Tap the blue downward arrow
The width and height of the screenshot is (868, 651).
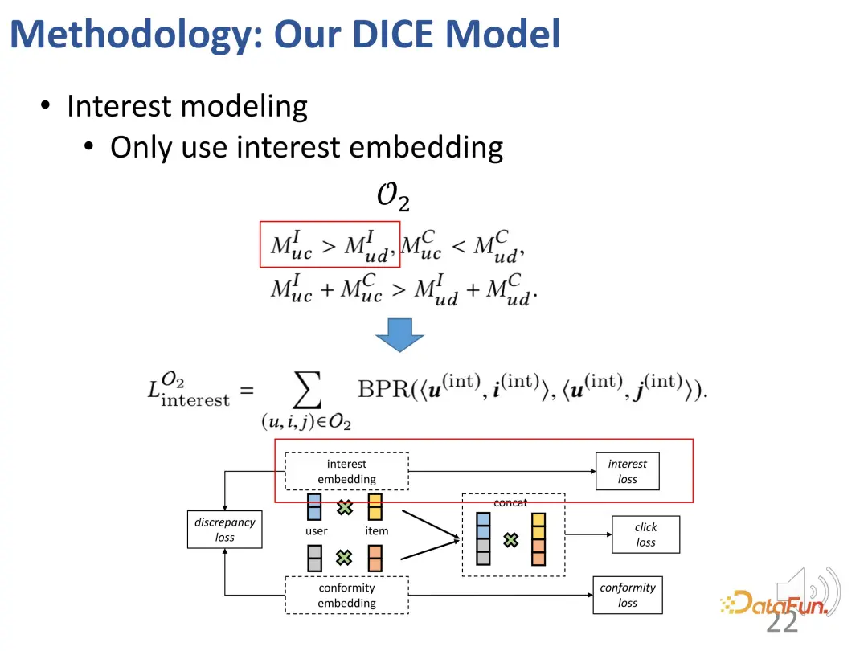click(x=399, y=334)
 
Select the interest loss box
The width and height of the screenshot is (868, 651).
click(x=627, y=472)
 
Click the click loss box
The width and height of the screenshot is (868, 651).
click(x=645, y=534)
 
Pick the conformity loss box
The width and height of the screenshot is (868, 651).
click(x=627, y=596)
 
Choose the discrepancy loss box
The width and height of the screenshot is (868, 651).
click(x=224, y=530)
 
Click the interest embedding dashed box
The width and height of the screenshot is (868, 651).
click(x=346, y=472)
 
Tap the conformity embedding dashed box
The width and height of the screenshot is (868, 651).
click(x=346, y=596)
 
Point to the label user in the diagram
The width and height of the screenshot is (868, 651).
click(x=316, y=531)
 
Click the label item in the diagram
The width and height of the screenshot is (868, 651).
click(x=376, y=531)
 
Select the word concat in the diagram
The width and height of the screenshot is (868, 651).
click(x=510, y=503)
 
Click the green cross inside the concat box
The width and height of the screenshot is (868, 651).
click(x=510, y=540)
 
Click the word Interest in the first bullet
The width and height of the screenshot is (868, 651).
click(x=119, y=106)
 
